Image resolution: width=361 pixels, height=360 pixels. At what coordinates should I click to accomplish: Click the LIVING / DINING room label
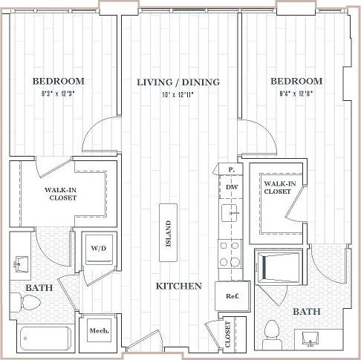pyautogui.click(x=178, y=82)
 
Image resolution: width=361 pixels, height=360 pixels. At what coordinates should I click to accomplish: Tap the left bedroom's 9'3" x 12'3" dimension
pyautogui.click(x=58, y=94)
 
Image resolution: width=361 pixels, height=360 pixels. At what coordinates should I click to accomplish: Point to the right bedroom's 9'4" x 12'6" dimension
pyautogui.click(x=296, y=94)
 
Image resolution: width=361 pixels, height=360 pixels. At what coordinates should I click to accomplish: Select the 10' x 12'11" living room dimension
pyautogui.click(x=178, y=94)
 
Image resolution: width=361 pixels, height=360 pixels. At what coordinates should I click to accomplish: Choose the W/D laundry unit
pyautogui.click(x=98, y=249)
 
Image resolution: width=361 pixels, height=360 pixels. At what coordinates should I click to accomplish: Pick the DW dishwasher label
pyautogui.click(x=231, y=188)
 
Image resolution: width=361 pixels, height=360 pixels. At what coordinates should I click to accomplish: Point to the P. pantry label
pyautogui.click(x=232, y=170)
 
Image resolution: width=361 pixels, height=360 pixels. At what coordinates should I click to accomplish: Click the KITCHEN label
pyautogui.click(x=179, y=286)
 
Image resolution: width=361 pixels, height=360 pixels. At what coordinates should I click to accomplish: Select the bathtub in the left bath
pyautogui.click(x=45, y=338)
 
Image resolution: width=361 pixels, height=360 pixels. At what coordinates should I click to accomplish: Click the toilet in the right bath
pyautogui.click(x=272, y=330)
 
